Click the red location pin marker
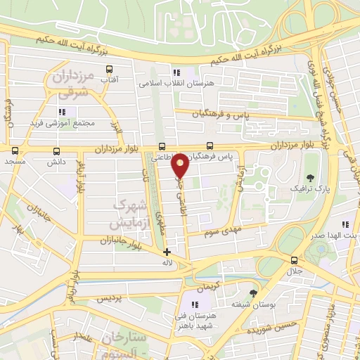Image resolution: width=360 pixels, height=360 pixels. click(x=181, y=164)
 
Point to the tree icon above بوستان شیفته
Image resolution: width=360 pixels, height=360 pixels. click(x=253, y=293)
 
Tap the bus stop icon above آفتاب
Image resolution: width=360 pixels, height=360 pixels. click(x=109, y=69)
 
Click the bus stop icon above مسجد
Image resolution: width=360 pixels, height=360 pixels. click(x=14, y=150)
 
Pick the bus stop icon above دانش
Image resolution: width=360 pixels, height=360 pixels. click(x=56, y=150)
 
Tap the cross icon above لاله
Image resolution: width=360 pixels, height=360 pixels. click(x=167, y=252)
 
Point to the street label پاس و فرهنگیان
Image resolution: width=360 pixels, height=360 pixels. click(x=243, y=112)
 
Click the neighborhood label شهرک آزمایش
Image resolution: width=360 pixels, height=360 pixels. click(x=131, y=214)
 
